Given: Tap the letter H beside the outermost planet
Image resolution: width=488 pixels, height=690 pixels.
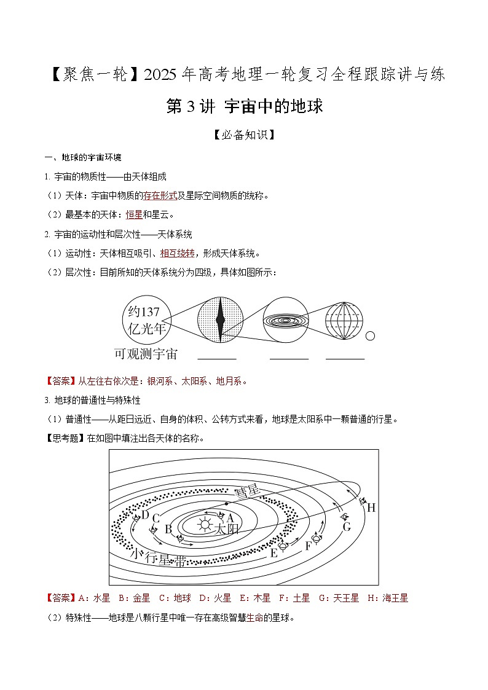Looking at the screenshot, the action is pyautogui.click(x=371, y=508).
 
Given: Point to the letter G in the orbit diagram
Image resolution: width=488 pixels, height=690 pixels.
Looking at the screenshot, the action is pyautogui.click(x=347, y=527).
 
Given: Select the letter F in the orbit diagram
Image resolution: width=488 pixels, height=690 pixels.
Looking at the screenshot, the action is pyautogui.click(x=309, y=545).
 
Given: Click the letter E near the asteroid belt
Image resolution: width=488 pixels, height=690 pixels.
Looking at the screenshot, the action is pyautogui.click(x=274, y=552).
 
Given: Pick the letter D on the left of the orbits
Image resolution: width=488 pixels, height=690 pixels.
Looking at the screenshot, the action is pyautogui.click(x=145, y=515).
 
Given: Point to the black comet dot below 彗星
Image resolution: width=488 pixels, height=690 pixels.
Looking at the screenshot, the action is pyautogui.click(x=227, y=504).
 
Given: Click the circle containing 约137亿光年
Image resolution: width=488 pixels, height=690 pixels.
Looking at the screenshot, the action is pyautogui.click(x=146, y=320).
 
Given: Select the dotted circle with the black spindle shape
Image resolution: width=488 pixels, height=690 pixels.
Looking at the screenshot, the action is pyautogui.click(x=221, y=320).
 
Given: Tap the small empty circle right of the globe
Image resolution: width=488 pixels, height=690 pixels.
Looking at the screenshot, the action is pyautogui.click(x=371, y=336).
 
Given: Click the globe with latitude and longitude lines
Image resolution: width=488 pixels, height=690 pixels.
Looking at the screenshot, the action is pyautogui.click(x=345, y=320).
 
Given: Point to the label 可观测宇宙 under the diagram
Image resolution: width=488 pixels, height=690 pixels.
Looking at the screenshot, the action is pyautogui.click(x=146, y=354).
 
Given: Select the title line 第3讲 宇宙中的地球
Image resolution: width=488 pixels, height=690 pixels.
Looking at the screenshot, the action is pyautogui.click(x=244, y=106).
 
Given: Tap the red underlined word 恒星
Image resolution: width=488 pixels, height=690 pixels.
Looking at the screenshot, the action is pyautogui.click(x=134, y=214).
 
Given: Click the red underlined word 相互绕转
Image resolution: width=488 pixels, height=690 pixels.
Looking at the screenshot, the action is pyautogui.click(x=177, y=253).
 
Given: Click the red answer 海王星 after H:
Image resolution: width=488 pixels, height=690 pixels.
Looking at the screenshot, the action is pyautogui.click(x=395, y=598).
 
